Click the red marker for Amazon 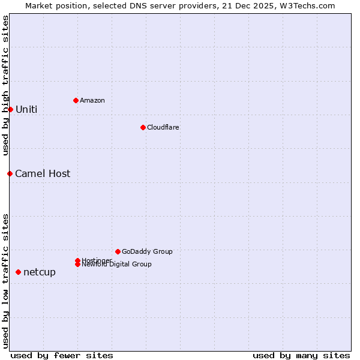click(x=76, y=100)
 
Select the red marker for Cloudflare click(x=143, y=127)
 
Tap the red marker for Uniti click(x=10, y=109)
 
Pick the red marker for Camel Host click(x=10, y=173)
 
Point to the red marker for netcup click(x=18, y=272)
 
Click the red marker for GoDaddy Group click(x=118, y=251)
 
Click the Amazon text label click(x=92, y=100)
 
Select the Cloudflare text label click(x=163, y=127)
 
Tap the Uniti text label click(x=26, y=109)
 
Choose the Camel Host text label click(x=43, y=173)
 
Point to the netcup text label click(x=40, y=272)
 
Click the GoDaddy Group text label click(x=147, y=251)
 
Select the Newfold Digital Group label click(x=116, y=265)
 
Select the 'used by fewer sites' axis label click(x=62, y=355)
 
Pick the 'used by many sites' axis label click(x=301, y=355)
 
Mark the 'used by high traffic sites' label click(x=5, y=85)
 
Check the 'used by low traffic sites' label click(x=5, y=280)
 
